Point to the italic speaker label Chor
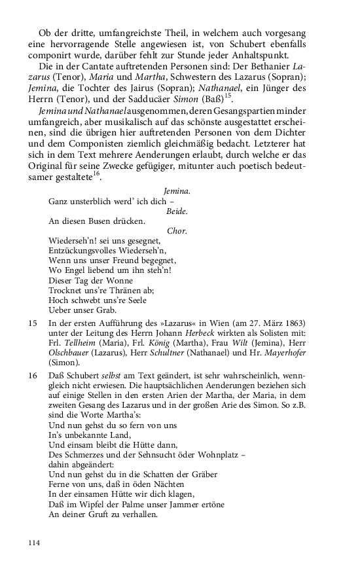pyautogui.click(x=177, y=231)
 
